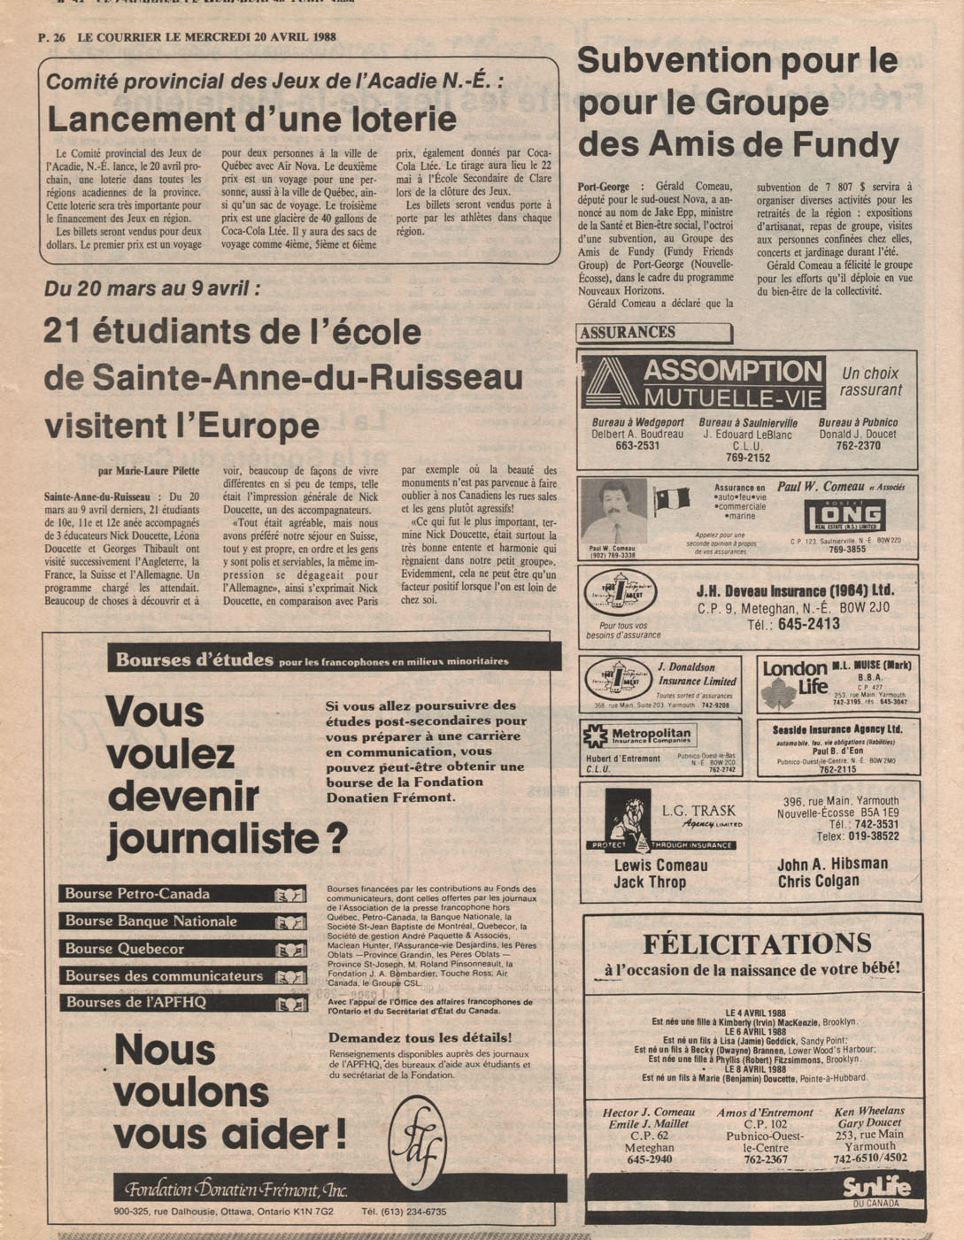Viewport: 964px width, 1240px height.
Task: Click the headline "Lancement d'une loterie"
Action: click(x=251, y=119)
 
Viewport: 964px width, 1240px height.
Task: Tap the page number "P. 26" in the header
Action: click(x=53, y=37)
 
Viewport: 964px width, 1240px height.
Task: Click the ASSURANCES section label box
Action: click(x=653, y=333)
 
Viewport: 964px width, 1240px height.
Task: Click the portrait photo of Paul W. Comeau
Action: click(x=614, y=512)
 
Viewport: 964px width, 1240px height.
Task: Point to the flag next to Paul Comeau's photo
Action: click(x=672, y=501)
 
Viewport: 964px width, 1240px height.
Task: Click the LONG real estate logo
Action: click(x=844, y=516)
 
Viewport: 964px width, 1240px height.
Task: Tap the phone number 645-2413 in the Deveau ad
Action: click(x=808, y=624)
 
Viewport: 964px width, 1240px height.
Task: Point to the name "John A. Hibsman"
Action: click(x=832, y=864)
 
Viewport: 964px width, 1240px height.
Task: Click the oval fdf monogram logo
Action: click(x=417, y=1142)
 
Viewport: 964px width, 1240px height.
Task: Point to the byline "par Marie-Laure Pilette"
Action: click(x=149, y=471)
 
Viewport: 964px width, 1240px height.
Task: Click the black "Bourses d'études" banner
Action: click(x=334, y=659)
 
